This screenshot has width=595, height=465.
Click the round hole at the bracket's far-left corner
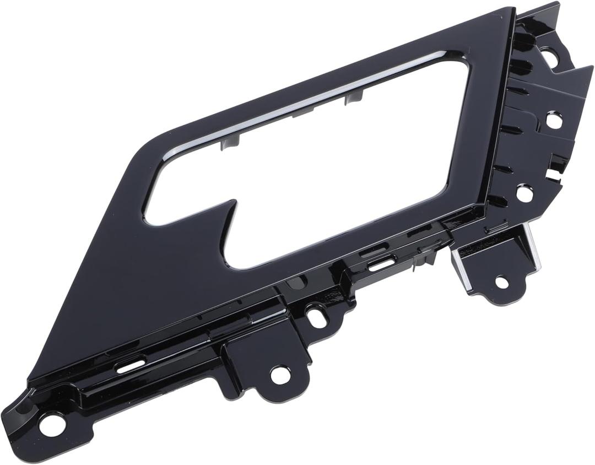click(52, 425)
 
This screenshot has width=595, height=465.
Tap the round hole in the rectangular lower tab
click(280, 375)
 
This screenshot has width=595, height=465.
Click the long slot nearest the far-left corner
click(131, 366)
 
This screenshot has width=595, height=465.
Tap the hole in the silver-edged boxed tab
click(501, 282)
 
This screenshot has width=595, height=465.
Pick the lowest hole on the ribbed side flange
click(524, 193)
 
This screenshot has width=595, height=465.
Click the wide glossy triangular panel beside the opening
click(127, 286)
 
